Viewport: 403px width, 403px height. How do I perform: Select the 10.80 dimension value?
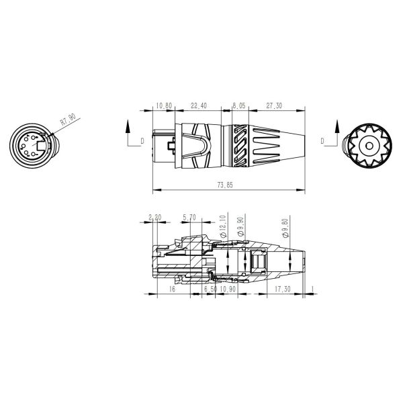coord(163,105)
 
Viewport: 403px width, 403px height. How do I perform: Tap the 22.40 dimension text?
coord(198,105)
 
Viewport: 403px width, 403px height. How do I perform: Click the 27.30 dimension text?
coord(274,105)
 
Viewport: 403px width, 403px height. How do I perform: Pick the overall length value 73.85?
coord(225,185)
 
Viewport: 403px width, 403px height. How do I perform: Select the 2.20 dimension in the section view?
coord(154,218)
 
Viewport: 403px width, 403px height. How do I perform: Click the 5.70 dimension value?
coord(189,218)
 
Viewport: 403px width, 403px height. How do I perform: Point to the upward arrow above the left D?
coord(128,126)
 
